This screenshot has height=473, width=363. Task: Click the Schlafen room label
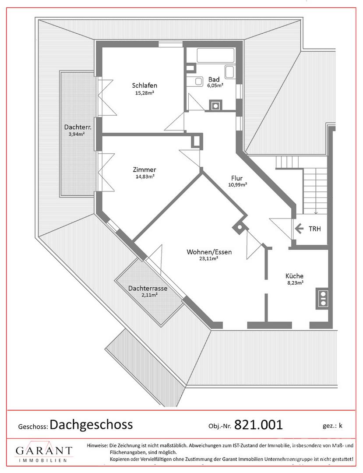(x=144, y=85)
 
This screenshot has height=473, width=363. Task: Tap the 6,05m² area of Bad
(x=215, y=85)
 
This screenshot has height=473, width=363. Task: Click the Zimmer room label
(x=144, y=169)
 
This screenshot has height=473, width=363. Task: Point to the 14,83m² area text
(x=145, y=177)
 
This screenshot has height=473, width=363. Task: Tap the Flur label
(x=237, y=178)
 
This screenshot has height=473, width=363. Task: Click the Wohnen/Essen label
(x=209, y=252)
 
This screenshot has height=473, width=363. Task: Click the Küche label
(x=294, y=276)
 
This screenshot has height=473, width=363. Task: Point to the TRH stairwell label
(x=315, y=229)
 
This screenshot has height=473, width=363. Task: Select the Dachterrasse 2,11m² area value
(x=149, y=295)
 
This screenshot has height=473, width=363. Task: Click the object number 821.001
(x=258, y=425)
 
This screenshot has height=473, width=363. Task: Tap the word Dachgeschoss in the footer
(x=92, y=425)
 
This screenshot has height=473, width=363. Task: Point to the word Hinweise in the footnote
(x=97, y=445)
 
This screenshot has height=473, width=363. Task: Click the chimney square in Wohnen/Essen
(x=240, y=227)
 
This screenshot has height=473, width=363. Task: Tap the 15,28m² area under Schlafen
(x=144, y=93)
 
